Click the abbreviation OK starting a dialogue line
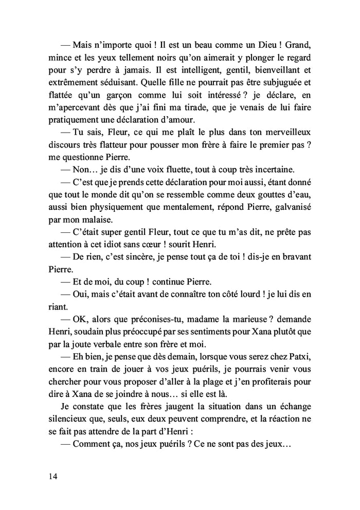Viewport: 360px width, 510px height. coord(82,327)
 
